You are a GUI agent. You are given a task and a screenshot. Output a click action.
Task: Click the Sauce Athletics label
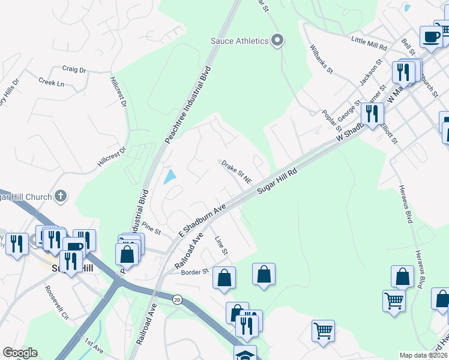(239, 41)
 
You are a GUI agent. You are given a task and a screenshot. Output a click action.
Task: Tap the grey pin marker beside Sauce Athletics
(277, 41)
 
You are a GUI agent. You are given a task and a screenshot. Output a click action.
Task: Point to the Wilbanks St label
(322, 59)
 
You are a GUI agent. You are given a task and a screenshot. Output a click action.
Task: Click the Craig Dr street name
(74, 70)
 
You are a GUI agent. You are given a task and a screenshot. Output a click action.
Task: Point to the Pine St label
(152, 228)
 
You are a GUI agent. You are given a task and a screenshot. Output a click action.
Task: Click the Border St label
(194, 271)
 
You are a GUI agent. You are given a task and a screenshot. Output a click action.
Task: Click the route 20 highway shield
(177, 299)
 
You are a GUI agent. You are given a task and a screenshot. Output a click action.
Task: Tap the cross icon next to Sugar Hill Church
(60, 196)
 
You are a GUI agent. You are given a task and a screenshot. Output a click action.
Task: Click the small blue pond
(170, 176)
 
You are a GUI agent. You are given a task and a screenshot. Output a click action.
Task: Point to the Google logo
(20, 353)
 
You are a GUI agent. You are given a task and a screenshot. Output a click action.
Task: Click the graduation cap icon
(245, 354)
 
